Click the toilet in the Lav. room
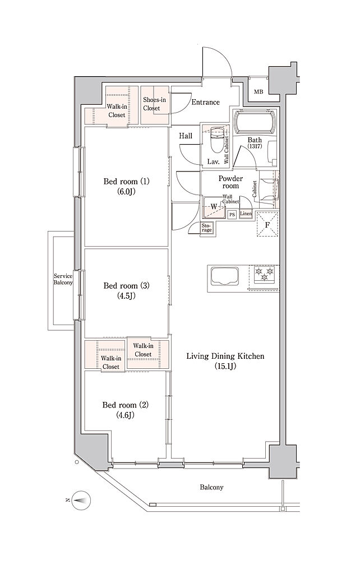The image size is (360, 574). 216,139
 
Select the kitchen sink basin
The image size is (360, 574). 224,277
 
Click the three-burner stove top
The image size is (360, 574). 264,274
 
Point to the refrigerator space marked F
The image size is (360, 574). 267,224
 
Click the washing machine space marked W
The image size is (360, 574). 214,207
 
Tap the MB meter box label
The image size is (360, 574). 259,92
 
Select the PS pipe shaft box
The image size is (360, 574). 232,215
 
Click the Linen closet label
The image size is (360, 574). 246,214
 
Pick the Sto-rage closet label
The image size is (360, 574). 206,228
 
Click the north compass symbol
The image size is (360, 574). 81,499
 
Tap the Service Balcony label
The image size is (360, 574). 63,279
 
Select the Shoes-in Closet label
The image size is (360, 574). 154,104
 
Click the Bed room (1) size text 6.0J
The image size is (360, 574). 127,191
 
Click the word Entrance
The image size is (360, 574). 205,102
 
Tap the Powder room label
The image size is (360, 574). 230,182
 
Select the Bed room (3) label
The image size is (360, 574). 126,285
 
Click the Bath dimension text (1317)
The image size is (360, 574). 254,146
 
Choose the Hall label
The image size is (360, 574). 186,136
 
